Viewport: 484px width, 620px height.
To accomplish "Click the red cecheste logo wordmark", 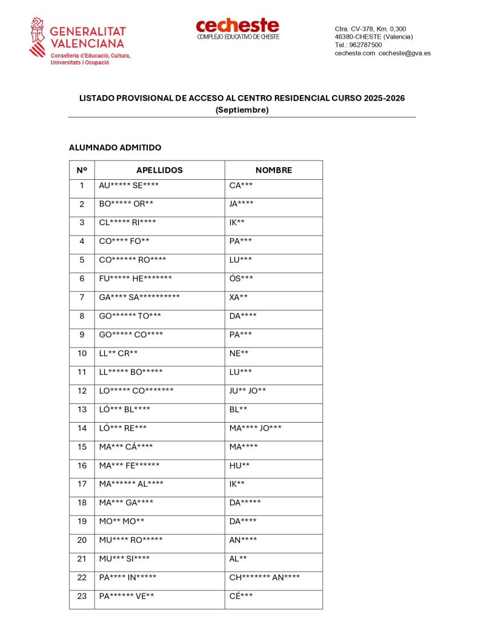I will [237, 25].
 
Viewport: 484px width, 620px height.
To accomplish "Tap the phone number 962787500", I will [365, 45].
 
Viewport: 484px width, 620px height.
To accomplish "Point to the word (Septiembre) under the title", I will [242, 110].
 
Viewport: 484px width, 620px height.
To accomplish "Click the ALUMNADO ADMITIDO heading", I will [115, 147].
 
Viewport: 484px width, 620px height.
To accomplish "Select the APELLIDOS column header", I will [159, 170].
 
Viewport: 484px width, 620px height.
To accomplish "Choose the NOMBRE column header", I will [274, 170].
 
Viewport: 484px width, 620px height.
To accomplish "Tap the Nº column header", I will [82, 170].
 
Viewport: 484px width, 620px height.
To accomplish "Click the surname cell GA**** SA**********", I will [139, 297].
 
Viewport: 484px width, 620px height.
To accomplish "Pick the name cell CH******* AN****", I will [265, 578].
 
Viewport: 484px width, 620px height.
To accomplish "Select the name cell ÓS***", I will [241, 279].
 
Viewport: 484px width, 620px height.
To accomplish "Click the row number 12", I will [82, 391].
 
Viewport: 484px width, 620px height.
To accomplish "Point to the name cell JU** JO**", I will [248, 391].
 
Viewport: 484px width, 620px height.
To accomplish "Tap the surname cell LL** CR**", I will [119, 354].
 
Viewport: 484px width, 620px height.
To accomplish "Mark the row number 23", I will [82, 596].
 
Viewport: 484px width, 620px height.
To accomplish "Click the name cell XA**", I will [239, 297].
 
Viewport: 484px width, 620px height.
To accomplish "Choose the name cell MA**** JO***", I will [256, 428].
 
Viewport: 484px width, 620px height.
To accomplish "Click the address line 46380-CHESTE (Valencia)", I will [374, 37].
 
